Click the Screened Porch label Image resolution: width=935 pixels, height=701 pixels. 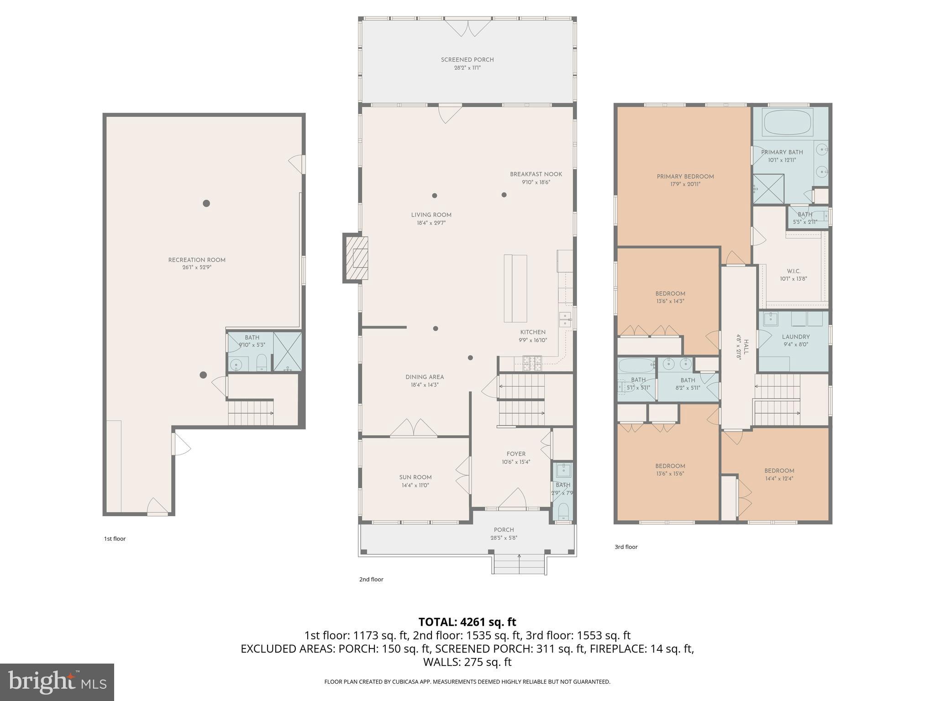(x=467, y=60)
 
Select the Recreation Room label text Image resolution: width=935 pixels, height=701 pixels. (x=197, y=260)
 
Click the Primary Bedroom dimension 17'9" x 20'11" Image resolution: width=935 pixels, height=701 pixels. (x=685, y=184)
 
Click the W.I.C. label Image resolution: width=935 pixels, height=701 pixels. (x=793, y=271)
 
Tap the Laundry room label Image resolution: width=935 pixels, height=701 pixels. (x=795, y=337)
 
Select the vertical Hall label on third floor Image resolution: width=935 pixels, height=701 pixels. (x=746, y=347)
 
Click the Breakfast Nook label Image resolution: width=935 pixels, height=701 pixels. (x=536, y=174)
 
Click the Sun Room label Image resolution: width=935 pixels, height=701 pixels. (x=415, y=477)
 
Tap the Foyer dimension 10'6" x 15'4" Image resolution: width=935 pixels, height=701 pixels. (x=516, y=462)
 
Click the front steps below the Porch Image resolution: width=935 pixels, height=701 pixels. (x=519, y=565)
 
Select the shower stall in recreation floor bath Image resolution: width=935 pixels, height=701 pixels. (x=288, y=351)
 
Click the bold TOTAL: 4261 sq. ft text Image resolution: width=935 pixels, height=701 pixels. (x=467, y=622)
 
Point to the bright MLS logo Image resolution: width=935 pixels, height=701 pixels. (x=57, y=682)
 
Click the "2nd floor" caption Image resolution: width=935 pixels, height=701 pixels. (x=371, y=580)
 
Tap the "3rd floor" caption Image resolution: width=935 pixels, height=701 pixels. (x=625, y=547)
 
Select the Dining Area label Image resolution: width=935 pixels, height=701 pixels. (x=425, y=377)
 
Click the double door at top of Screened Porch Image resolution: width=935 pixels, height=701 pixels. (x=468, y=27)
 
